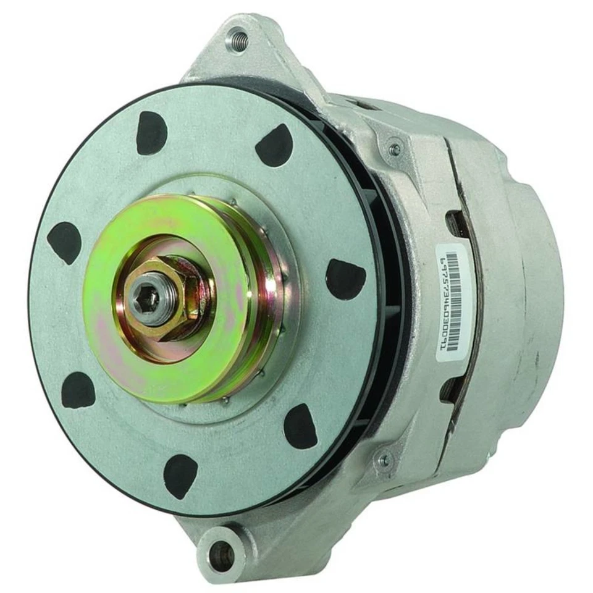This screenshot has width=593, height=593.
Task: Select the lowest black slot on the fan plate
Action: click(180, 476)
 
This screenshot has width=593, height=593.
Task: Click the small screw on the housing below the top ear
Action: click(393, 148)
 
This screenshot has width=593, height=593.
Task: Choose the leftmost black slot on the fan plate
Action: click(64, 243)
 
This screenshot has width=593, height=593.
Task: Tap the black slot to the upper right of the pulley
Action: click(274, 146)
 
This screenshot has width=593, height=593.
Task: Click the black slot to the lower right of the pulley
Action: click(301, 426)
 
